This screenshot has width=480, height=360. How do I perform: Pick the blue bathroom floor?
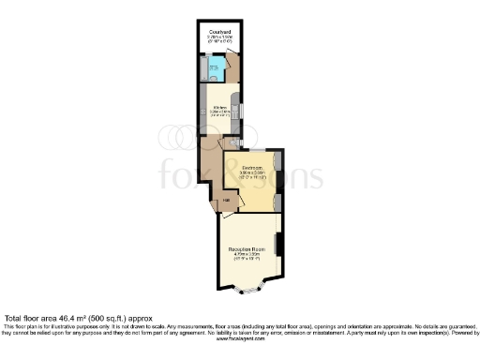217,68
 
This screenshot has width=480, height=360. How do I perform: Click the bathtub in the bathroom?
204,68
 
